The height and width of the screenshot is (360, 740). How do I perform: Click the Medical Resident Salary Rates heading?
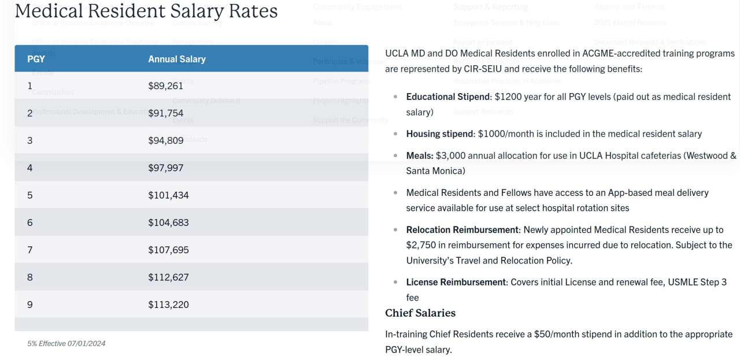click(146, 11)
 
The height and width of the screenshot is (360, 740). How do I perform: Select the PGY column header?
click(36, 59)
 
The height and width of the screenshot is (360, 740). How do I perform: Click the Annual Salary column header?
click(177, 59)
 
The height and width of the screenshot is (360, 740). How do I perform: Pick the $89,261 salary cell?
click(165, 86)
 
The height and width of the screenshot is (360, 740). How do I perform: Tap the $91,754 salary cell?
click(165, 113)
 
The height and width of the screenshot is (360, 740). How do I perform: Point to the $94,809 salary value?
click(165, 140)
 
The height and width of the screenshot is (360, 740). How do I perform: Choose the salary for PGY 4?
click(165, 168)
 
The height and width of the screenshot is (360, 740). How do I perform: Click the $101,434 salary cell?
click(168, 195)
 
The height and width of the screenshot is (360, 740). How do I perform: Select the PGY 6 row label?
click(30, 222)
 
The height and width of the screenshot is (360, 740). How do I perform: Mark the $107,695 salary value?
click(168, 250)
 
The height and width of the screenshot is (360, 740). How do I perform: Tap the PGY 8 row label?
click(30, 277)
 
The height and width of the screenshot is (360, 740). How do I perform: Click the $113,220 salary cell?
click(168, 305)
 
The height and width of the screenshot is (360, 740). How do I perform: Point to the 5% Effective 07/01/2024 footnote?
click(66, 343)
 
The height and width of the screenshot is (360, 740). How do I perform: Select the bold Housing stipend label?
click(439, 133)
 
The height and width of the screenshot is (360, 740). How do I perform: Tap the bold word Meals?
click(420, 155)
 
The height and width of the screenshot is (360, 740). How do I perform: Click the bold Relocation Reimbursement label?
click(462, 229)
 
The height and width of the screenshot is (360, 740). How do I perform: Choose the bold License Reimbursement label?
click(456, 282)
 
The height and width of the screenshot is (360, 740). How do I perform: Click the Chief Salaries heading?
click(420, 313)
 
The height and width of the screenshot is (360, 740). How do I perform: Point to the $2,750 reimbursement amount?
click(421, 245)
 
